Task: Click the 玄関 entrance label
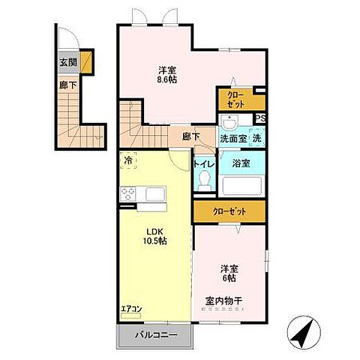pyautogui.click(x=68, y=62)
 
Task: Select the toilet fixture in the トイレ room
pyautogui.click(x=205, y=180)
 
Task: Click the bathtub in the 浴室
pyautogui.click(x=241, y=186)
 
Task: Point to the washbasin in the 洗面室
pyautogui.click(x=230, y=124)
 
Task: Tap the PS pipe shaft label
pyautogui.click(x=260, y=118)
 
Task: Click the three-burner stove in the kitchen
pyautogui.click(x=128, y=193)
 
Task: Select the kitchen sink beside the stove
pyautogui.click(x=155, y=194)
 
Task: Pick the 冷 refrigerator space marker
pyautogui.click(x=128, y=160)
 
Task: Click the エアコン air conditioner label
pyautogui.click(x=131, y=309)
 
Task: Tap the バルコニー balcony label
pyautogui.click(x=156, y=335)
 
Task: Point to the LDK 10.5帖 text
pyautogui.click(x=155, y=236)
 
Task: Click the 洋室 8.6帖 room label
pyautogui.click(x=167, y=74)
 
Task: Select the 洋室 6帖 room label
pyautogui.click(x=229, y=274)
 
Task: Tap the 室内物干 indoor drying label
pyautogui.click(x=223, y=300)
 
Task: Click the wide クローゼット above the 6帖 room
pyautogui.click(x=229, y=211)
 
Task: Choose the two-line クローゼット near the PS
pyautogui.click(x=235, y=100)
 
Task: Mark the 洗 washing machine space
pyautogui.click(x=256, y=138)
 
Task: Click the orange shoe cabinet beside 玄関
pyautogui.click(x=87, y=61)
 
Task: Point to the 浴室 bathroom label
pyautogui.click(x=241, y=163)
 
